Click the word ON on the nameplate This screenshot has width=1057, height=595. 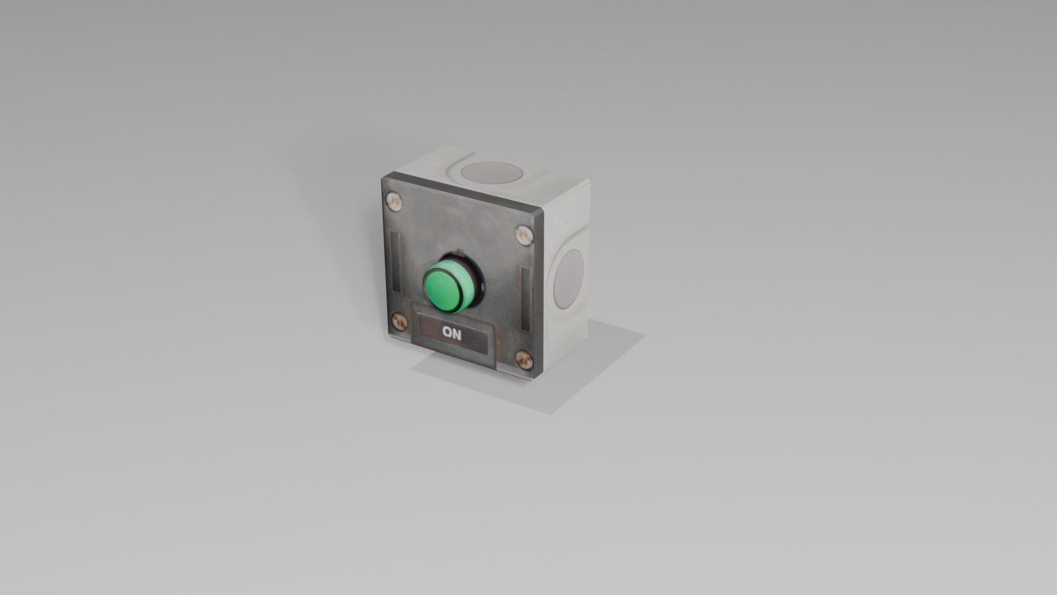[x=452, y=333]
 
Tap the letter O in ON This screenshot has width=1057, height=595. [x=448, y=333]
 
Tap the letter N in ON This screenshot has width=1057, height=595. [x=457, y=333]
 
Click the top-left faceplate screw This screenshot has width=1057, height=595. [x=394, y=202]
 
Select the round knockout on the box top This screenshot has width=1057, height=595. [x=492, y=172]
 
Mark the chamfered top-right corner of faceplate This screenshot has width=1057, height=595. [x=539, y=215]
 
